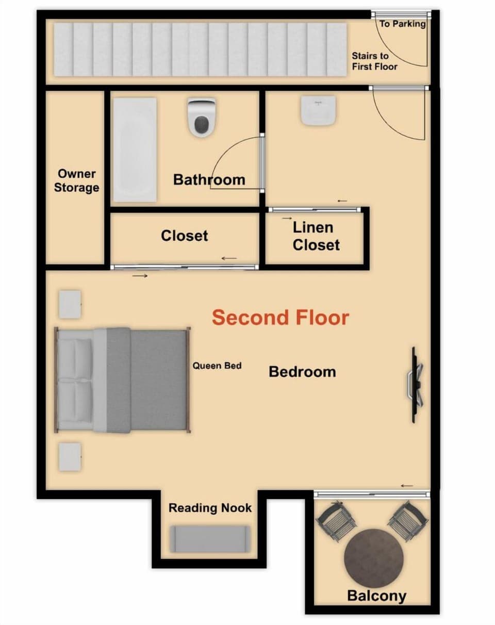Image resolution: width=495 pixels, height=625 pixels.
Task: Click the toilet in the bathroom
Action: pyautogui.click(x=201, y=118)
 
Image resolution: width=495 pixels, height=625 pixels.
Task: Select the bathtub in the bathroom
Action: pyautogui.click(x=135, y=150)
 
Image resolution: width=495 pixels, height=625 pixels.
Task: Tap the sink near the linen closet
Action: pyautogui.click(x=318, y=109)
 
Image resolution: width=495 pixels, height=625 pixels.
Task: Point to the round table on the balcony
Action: pyautogui.click(x=373, y=557)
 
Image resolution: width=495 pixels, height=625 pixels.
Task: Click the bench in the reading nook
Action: pyautogui.click(x=210, y=539)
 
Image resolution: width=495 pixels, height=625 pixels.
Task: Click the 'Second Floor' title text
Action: pyautogui.click(x=280, y=318)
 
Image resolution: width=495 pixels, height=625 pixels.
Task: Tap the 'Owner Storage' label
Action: pyautogui.click(x=76, y=180)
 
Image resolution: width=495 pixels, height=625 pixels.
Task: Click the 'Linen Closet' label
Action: pyautogui.click(x=316, y=236)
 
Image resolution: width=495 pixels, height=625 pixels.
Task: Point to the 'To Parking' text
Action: pyautogui.click(x=402, y=24)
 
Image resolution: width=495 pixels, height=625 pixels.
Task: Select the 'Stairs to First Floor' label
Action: pyautogui.click(x=374, y=61)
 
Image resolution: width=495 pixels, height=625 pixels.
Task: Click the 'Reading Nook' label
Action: pyautogui.click(x=210, y=508)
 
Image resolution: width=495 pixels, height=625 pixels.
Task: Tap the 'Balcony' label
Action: pyautogui.click(x=376, y=596)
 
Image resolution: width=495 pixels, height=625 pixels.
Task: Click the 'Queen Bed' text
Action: pyautogui.click(x=217, y=366)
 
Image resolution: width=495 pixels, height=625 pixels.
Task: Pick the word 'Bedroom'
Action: pyautogui.click(x=302, y=371)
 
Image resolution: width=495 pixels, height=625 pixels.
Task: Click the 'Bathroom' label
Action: pyautogui.click(x=209, y=179)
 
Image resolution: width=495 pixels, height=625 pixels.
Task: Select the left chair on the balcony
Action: pyautogui.click(x=336, y=521)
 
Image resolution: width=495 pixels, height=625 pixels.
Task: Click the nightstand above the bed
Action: pyautogui.click(x=70, y=304)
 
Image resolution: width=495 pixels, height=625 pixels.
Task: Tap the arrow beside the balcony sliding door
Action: pyautogui.click(x=407, y=485)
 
